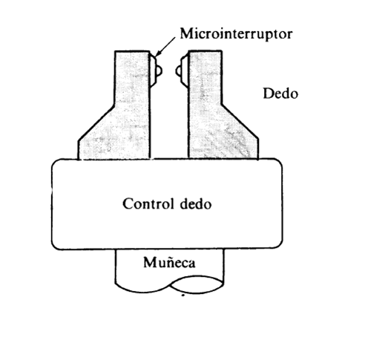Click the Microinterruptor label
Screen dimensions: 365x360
236,34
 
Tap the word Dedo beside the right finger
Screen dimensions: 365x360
280,94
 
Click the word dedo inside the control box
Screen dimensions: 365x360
196,204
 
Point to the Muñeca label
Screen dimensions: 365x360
169,263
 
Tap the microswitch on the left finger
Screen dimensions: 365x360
156,71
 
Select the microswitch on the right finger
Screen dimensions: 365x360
182,71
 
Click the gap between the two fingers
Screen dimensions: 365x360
169,119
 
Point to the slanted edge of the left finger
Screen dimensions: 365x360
96,123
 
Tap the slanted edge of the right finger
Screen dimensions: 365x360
240,122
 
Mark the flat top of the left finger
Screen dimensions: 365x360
132,51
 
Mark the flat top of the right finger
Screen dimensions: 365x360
205,51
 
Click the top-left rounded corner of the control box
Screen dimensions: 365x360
55,163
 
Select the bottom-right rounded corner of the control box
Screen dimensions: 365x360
279,244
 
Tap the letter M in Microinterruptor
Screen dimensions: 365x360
187,33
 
